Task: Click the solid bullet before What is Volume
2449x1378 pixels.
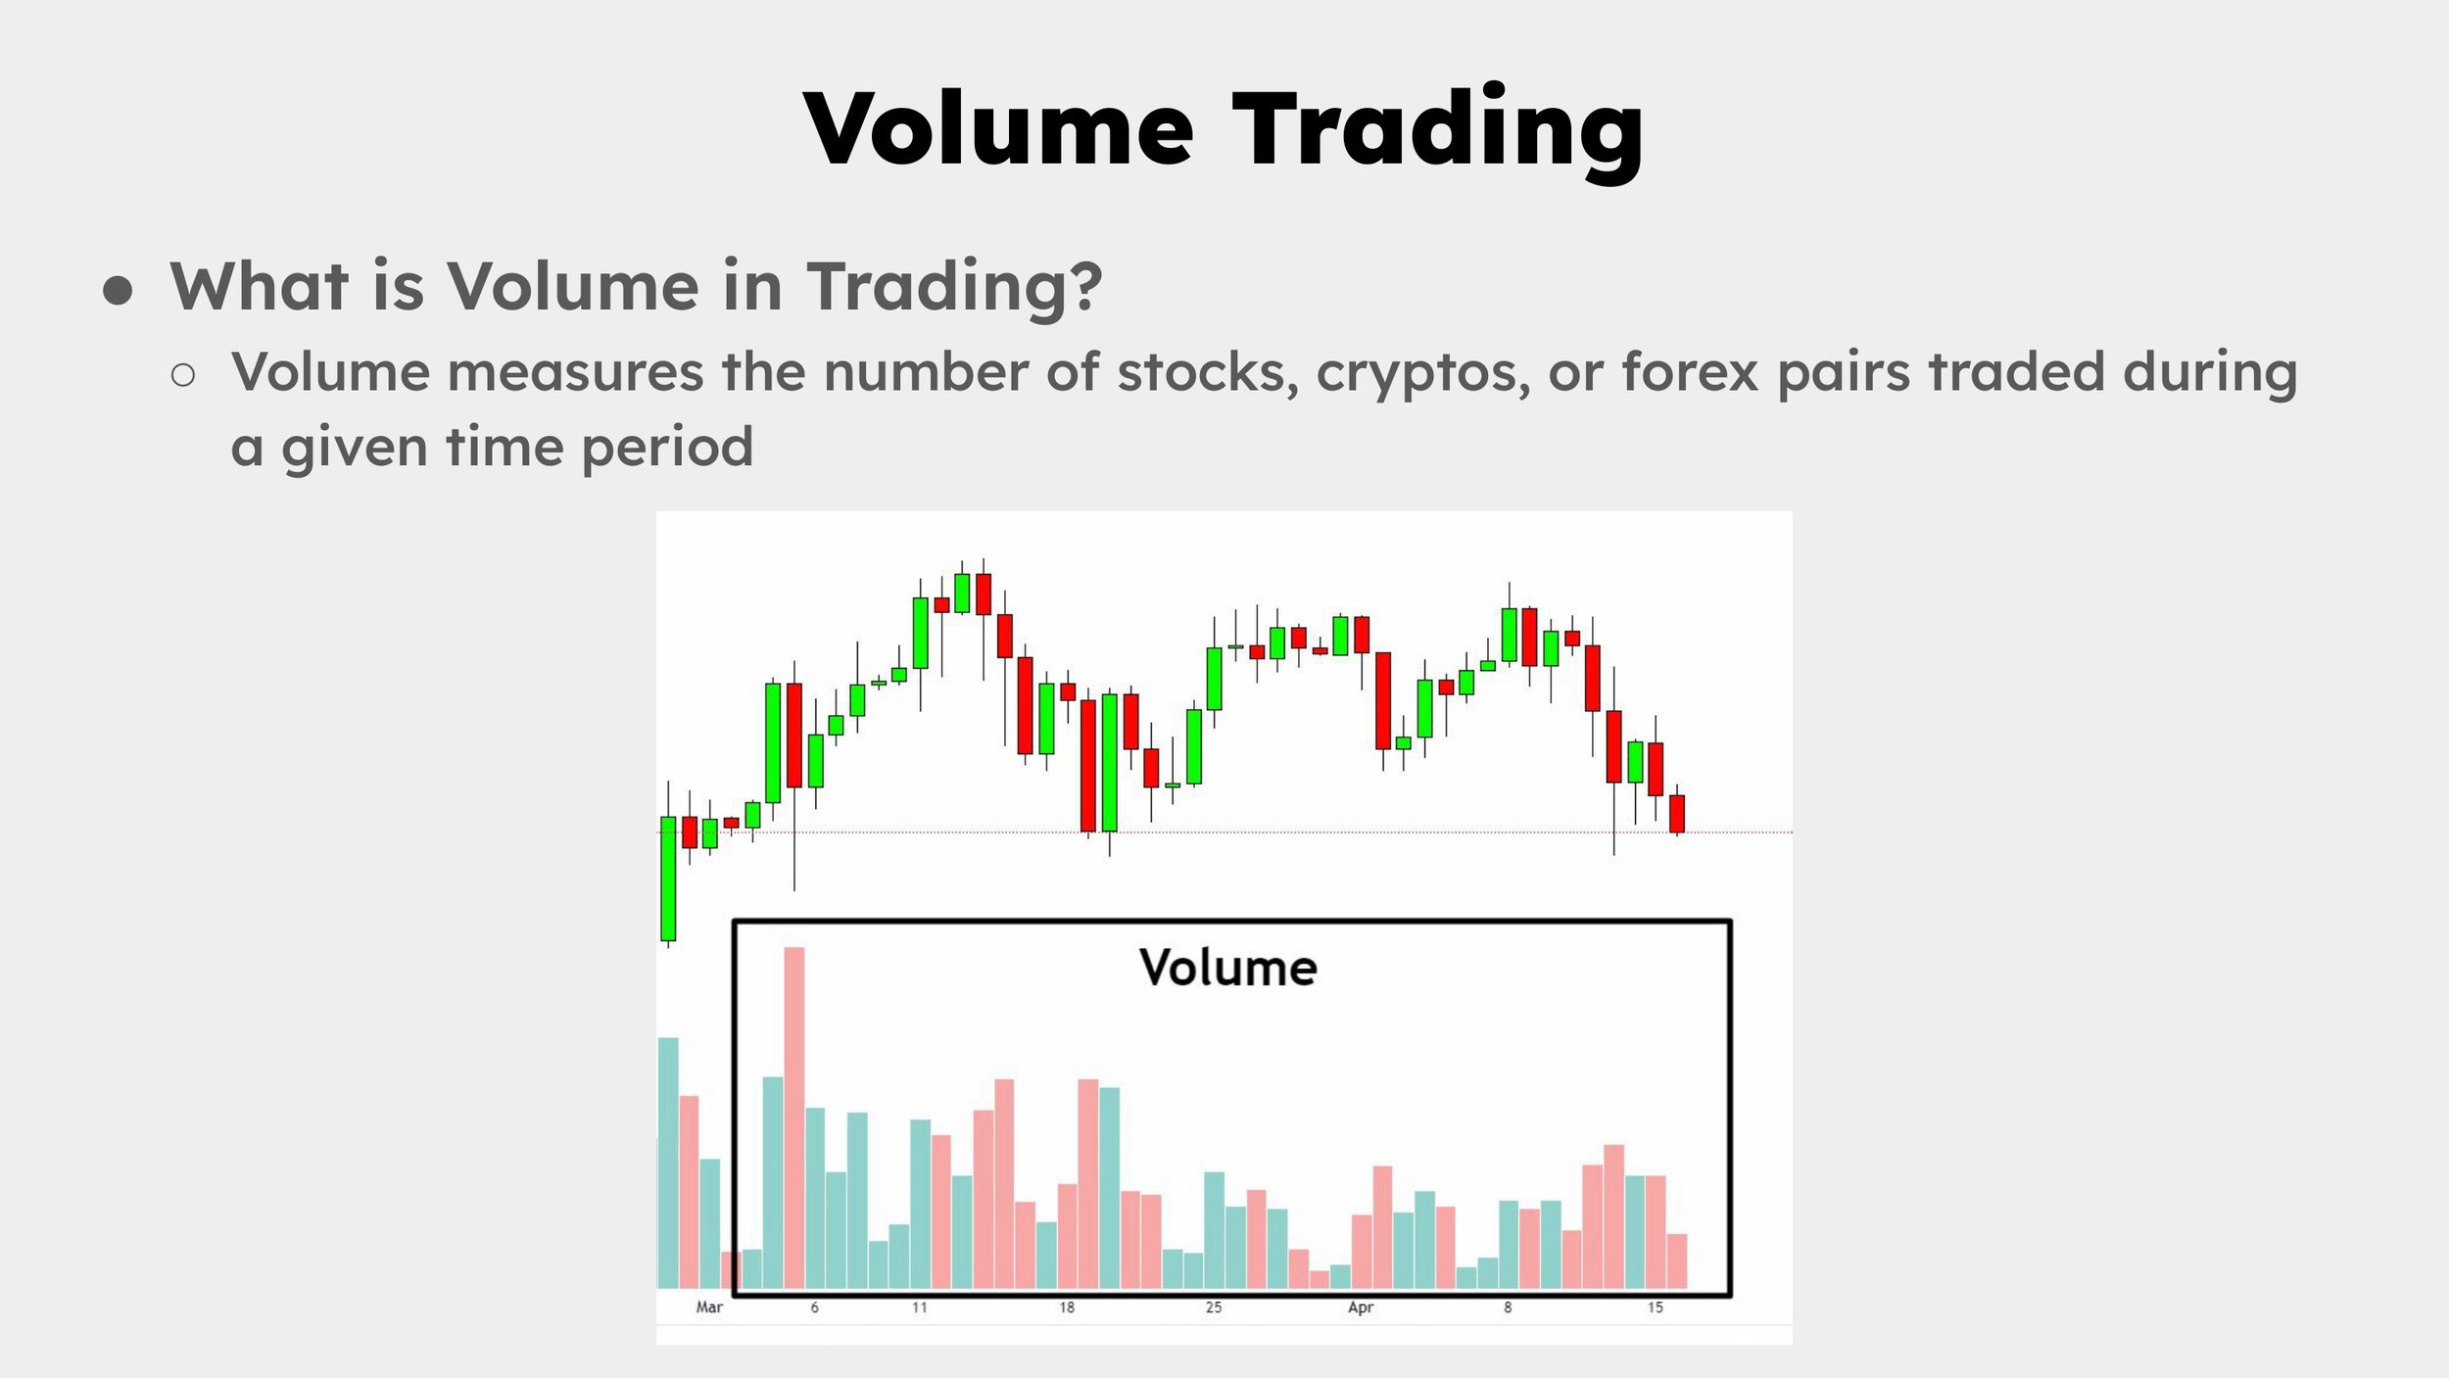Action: (x=118, y=291)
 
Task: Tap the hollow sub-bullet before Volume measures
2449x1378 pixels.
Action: (x=183, y=374)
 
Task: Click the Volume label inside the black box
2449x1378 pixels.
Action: (x=1227, y=968)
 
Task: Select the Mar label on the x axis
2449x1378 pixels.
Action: (x=709, y=1307)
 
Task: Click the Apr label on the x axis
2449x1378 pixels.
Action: (x=1360, y=1307)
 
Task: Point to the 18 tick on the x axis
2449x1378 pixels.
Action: (x=1066, y=1307)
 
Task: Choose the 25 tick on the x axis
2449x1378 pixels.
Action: (x=1213, y=1307)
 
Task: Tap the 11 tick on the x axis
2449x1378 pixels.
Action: (x=919, y=1307)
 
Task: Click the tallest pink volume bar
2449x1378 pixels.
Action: (x=793, y=1117)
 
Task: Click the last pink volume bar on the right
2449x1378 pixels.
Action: (x=1677, y=1260)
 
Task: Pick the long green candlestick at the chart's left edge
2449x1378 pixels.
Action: (x=668, y=878)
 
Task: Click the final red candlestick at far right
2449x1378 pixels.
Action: (x=1677, y=813)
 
